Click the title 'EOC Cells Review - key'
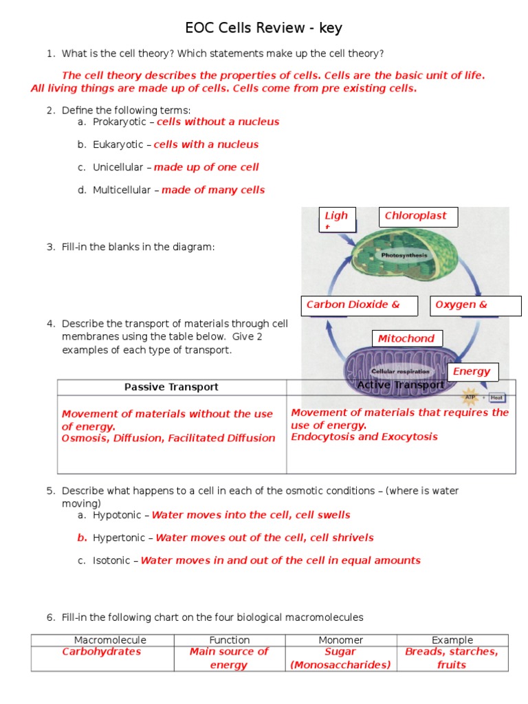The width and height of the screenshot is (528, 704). (263, 28)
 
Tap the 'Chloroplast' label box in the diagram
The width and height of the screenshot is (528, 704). (418, 217)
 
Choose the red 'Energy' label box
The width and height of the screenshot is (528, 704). (473, 372)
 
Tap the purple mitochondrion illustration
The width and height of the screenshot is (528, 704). (399, 371)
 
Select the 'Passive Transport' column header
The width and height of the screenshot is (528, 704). (171, 387)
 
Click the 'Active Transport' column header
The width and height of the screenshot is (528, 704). (401, 385)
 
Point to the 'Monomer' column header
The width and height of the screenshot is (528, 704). (341, 640)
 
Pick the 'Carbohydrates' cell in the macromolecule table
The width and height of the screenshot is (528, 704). (102, 652)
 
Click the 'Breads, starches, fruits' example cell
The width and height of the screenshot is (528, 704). (452, 658)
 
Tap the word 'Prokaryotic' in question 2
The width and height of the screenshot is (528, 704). (120, 122)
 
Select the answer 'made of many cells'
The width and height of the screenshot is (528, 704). (213, 190)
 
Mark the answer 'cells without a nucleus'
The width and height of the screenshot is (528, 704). (218, 122)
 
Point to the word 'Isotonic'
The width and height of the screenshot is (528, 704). (111, 560)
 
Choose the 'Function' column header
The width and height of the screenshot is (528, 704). (230, 640)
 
